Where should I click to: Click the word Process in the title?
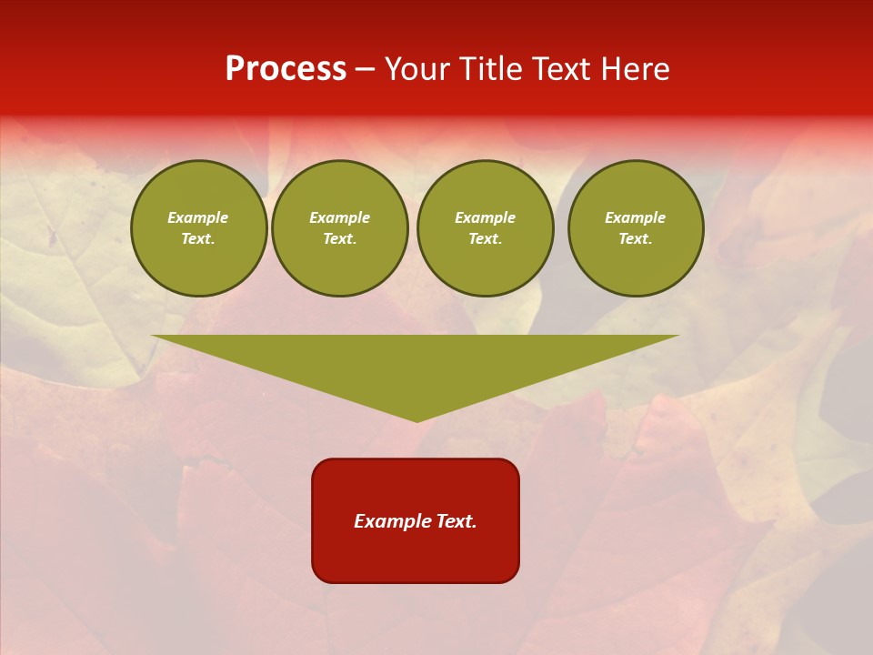[286, 69]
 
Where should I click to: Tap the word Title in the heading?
[492, 69]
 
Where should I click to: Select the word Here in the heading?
[635, 69]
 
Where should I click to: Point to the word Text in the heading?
[563, 69]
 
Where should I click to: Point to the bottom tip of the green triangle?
[416, 420]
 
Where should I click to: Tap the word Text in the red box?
[457, 521]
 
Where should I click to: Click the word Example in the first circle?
[198, 218]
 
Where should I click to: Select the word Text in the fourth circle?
[635, 239]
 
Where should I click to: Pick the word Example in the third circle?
[485, 218]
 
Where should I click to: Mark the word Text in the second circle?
[339, 239]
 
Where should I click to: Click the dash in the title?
[365, 69]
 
